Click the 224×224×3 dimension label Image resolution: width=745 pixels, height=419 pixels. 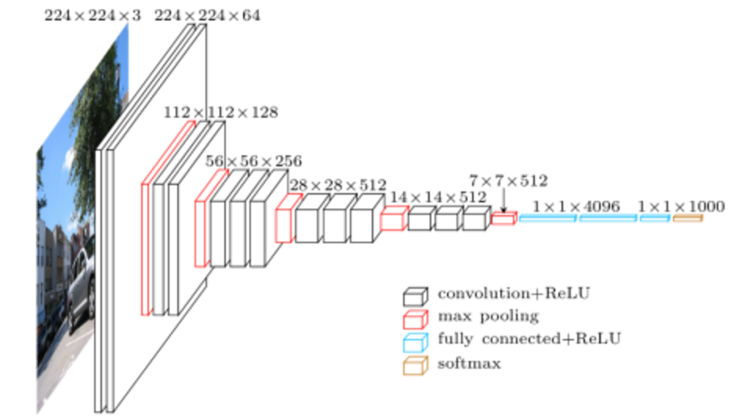click(92, 15)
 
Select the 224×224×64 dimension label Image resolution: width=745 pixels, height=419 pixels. click(208, 15)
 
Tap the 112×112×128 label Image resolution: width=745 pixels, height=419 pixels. click(220, 112)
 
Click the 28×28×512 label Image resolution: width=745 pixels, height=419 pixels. click(337, 184)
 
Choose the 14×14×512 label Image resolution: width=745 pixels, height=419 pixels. click(438, 196)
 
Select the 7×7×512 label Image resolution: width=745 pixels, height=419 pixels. click(508, 180)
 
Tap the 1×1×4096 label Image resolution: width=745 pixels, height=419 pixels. click(576, 206)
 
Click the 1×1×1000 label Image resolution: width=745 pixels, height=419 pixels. click(681, 206)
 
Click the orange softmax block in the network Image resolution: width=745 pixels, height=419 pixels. click(687, 218)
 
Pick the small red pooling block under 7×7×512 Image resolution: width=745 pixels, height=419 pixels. click(503, 219)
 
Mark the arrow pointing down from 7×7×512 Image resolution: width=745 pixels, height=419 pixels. click(503, 201)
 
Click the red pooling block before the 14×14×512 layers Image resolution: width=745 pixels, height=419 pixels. click(393, 219)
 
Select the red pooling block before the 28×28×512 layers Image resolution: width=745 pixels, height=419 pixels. click(286, 219)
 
